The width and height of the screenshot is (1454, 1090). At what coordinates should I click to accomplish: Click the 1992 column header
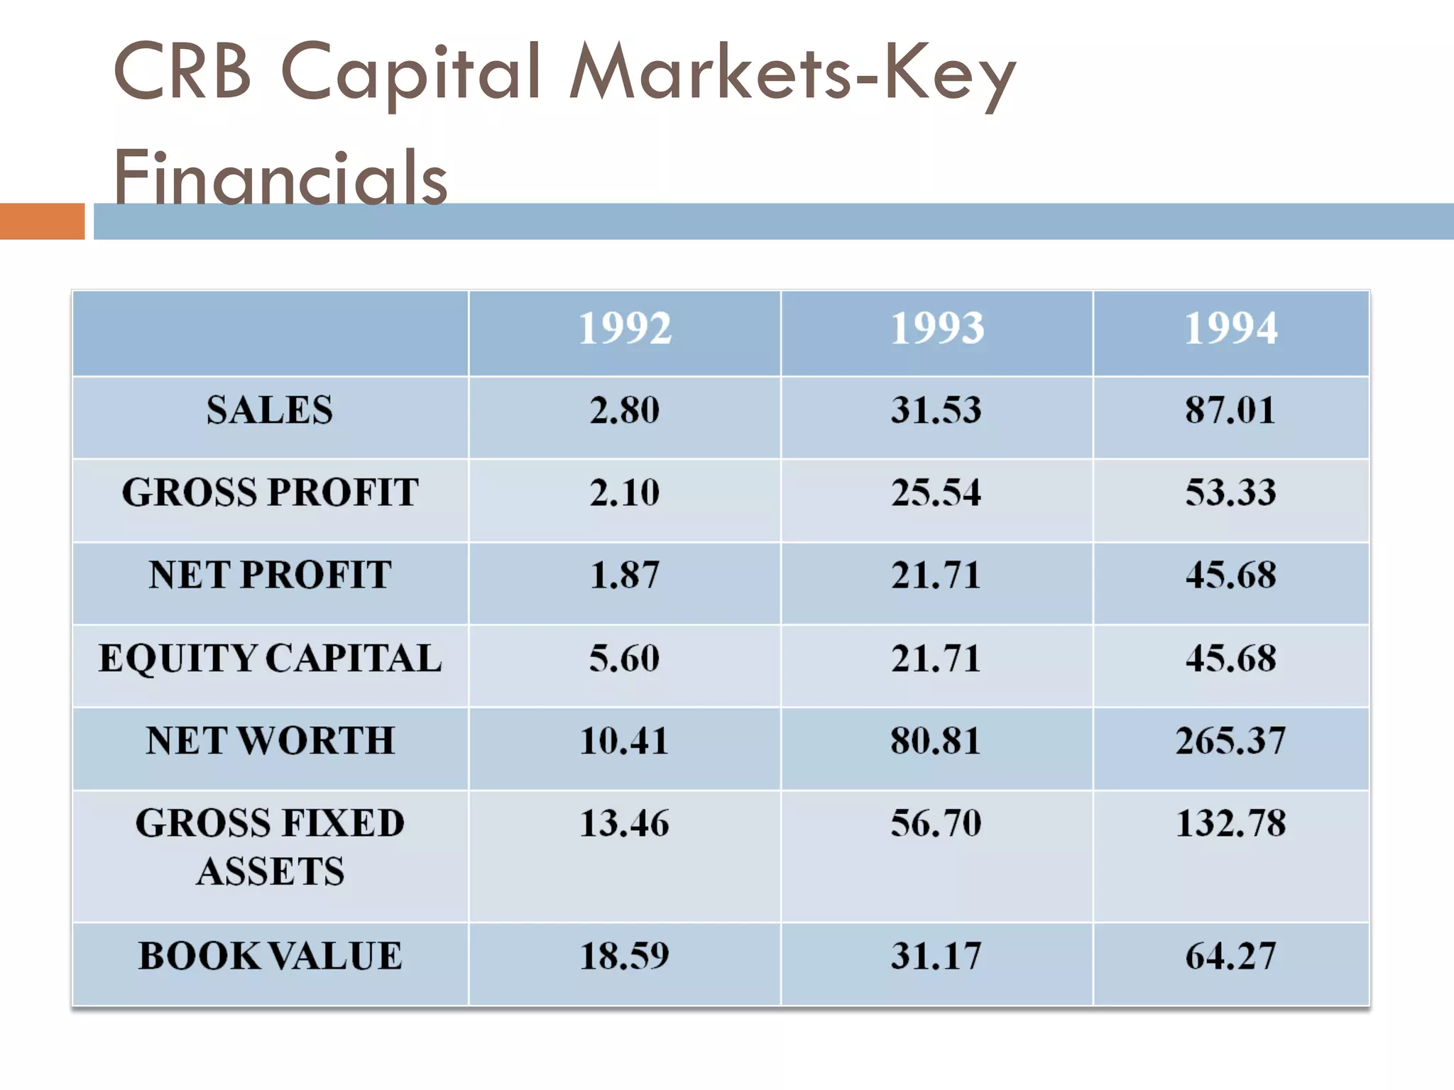pos(625,328)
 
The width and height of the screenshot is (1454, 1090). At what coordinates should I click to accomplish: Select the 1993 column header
pos(937,328)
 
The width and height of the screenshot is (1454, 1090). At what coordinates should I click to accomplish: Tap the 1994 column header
pos(1231,328)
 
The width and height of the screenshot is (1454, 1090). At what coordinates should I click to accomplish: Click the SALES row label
pos(270,410)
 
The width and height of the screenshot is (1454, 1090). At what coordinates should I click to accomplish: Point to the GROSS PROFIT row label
pos(270,492)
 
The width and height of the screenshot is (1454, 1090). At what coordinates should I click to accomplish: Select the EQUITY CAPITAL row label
pos(270,658)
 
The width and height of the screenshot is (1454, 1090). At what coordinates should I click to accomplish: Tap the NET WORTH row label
pos(270,741)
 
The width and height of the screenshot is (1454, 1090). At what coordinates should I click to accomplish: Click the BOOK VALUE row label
pos(270,955)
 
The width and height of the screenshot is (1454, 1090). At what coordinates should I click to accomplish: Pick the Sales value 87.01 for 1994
pos(1231,410)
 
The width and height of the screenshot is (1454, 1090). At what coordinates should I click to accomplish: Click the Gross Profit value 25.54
pos(936,492)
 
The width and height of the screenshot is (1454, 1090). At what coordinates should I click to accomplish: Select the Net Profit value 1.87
pos(625,575)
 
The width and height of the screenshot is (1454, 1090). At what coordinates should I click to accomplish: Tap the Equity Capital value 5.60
pos(625,658)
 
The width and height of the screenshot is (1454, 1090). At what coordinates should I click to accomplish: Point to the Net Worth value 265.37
pos(1231,741)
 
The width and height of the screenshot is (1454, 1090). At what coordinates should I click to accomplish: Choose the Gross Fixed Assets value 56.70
pos(936,823)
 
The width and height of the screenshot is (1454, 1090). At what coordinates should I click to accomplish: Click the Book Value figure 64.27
pos(1231,955)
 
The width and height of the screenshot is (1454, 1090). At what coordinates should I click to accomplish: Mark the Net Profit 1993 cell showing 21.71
pos(936,575)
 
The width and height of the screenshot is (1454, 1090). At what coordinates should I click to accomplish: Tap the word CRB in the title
pos(182,71)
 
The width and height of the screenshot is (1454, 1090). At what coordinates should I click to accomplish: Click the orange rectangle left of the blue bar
pos(42,221)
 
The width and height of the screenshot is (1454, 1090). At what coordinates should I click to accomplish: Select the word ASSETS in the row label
pos(270,871)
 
